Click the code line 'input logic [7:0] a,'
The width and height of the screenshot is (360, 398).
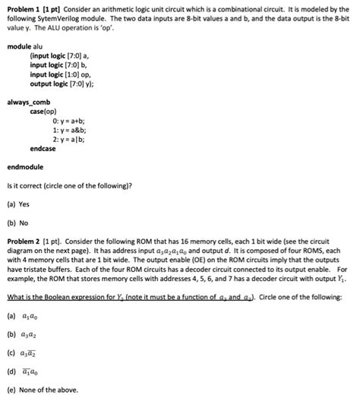[58, 56]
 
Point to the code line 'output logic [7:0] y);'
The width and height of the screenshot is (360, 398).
[65, 84]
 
